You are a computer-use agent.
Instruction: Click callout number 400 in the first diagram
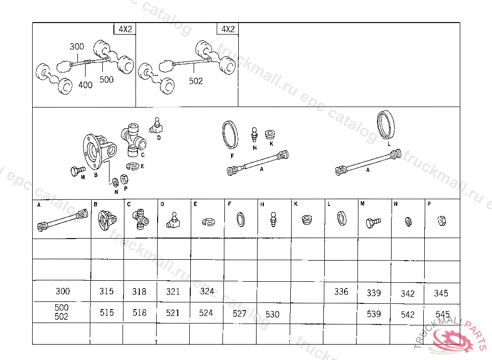[86, 84]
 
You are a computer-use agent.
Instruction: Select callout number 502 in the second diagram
[196, 81]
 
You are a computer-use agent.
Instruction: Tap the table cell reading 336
[341, 291]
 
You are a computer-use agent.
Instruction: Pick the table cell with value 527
[239, 313]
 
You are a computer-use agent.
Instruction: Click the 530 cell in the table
[272, 314]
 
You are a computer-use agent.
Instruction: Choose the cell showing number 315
[107, 291]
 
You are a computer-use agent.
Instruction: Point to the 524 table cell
[206, 313]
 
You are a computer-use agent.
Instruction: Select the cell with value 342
[407, 293]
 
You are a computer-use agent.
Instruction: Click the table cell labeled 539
[374, 314]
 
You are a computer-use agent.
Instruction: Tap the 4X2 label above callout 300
[125, 29]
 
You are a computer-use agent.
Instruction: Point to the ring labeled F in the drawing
[230, 134]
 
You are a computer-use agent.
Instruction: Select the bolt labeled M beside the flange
[77, 170]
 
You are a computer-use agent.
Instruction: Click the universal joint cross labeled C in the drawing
[134, 140]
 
